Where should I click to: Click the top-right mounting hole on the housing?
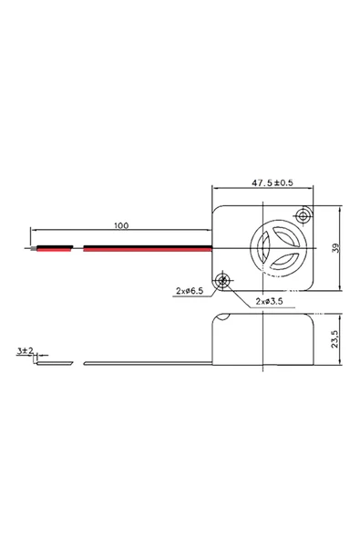pyautogui.click(x=303, y=215)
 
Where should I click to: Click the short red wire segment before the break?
pyautogui.click(x=54, y=246)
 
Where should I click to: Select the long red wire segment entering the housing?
pyautogui.click(x=146, y=246)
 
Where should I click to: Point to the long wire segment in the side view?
pyautogui.click(x=146, y=363)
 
